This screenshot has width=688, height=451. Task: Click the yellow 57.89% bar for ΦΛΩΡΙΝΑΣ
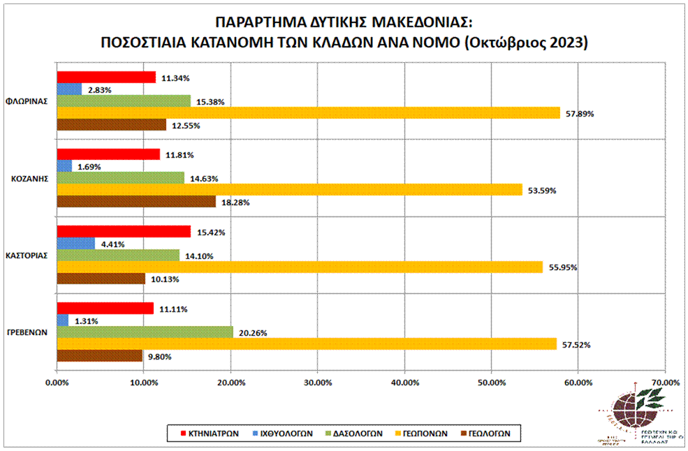tap(307, 112)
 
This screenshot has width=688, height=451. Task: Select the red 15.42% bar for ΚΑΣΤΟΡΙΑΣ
tap(123, 231)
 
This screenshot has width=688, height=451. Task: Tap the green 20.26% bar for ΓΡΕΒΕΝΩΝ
tap(144, 332)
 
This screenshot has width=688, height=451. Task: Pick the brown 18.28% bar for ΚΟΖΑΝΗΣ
tap(136, 201)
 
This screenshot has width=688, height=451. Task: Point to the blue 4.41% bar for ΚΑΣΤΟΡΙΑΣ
tap(75, 243)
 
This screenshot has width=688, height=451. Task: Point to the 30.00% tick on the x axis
tap(317, 382)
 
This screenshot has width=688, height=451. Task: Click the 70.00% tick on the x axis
tap(664, 382)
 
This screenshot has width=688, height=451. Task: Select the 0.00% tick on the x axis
tap(57, 382)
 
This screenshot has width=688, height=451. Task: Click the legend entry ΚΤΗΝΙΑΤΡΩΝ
tap(214, 433)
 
